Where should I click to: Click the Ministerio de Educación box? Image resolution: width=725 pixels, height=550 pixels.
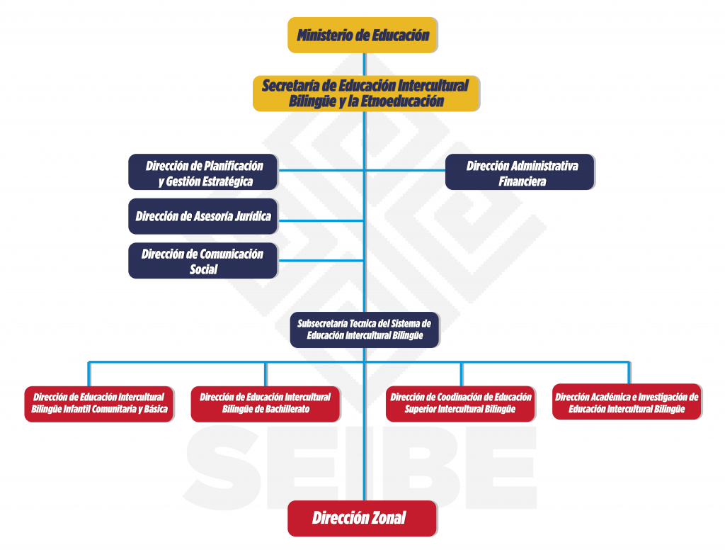[362, 35]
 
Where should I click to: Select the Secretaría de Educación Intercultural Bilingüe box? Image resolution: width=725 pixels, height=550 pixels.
[366, 94]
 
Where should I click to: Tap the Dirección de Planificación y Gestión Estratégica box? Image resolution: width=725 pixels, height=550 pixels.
[203, 172]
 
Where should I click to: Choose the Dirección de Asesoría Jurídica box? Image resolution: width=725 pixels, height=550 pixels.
[203, 216]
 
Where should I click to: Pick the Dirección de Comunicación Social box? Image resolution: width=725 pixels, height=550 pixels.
[203, 261]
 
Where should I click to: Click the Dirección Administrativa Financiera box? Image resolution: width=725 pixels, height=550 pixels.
[520, 172]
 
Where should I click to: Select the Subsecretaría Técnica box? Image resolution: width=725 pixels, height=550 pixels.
[365, 330]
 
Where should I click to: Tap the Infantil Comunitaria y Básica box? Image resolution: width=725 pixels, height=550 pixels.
[99, 404]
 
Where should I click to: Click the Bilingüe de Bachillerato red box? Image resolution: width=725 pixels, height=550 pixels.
[266, 404]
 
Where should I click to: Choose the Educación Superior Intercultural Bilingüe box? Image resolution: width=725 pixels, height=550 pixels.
[460, 404]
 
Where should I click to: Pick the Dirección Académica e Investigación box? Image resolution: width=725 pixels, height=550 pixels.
[627, 402]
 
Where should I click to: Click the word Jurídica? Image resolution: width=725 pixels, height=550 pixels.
[253, 216]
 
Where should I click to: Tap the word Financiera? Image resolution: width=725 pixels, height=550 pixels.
[522, 181]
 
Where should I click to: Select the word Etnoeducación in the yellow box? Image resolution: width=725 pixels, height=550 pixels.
[402, 101]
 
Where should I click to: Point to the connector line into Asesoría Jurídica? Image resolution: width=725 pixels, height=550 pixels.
[321, 221]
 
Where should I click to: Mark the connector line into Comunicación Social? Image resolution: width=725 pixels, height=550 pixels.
[321, 261]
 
